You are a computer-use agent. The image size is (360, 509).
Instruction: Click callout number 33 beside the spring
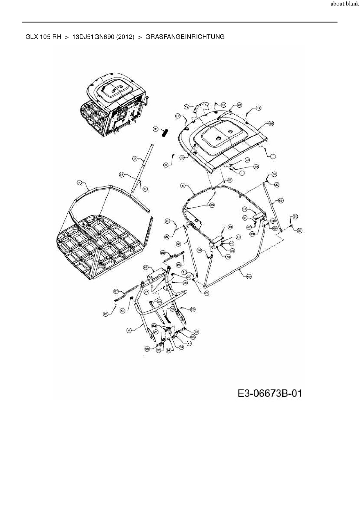tap(156, 129)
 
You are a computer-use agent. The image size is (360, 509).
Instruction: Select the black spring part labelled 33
tap(165, 133)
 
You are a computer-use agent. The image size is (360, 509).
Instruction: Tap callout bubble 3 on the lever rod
tap(135, 158)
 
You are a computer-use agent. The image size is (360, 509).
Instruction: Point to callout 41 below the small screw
tap(166, 165)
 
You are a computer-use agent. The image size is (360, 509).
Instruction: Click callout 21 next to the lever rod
tap(122, 175)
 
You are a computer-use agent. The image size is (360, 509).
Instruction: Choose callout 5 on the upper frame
tap(183, 185)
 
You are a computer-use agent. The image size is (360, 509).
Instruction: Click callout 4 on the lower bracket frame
tap(129, 330)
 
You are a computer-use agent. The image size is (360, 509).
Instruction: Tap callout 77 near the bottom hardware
tap(189, 343)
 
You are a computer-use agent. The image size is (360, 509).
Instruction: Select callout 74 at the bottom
tap(181, 347)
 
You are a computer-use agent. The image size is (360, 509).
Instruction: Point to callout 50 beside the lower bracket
tap(193, 337)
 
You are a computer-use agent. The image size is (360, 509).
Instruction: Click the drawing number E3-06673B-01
tap(270, 394)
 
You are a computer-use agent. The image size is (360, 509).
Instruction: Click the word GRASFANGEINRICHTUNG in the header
tap(185, 37)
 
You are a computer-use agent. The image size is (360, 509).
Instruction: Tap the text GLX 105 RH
tap(44, 37)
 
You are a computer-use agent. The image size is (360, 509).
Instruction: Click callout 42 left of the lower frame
tap(123, 311)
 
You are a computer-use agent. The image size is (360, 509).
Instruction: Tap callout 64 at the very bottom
tap(168, 350)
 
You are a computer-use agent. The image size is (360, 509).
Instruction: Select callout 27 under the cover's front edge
tap(229, 180)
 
